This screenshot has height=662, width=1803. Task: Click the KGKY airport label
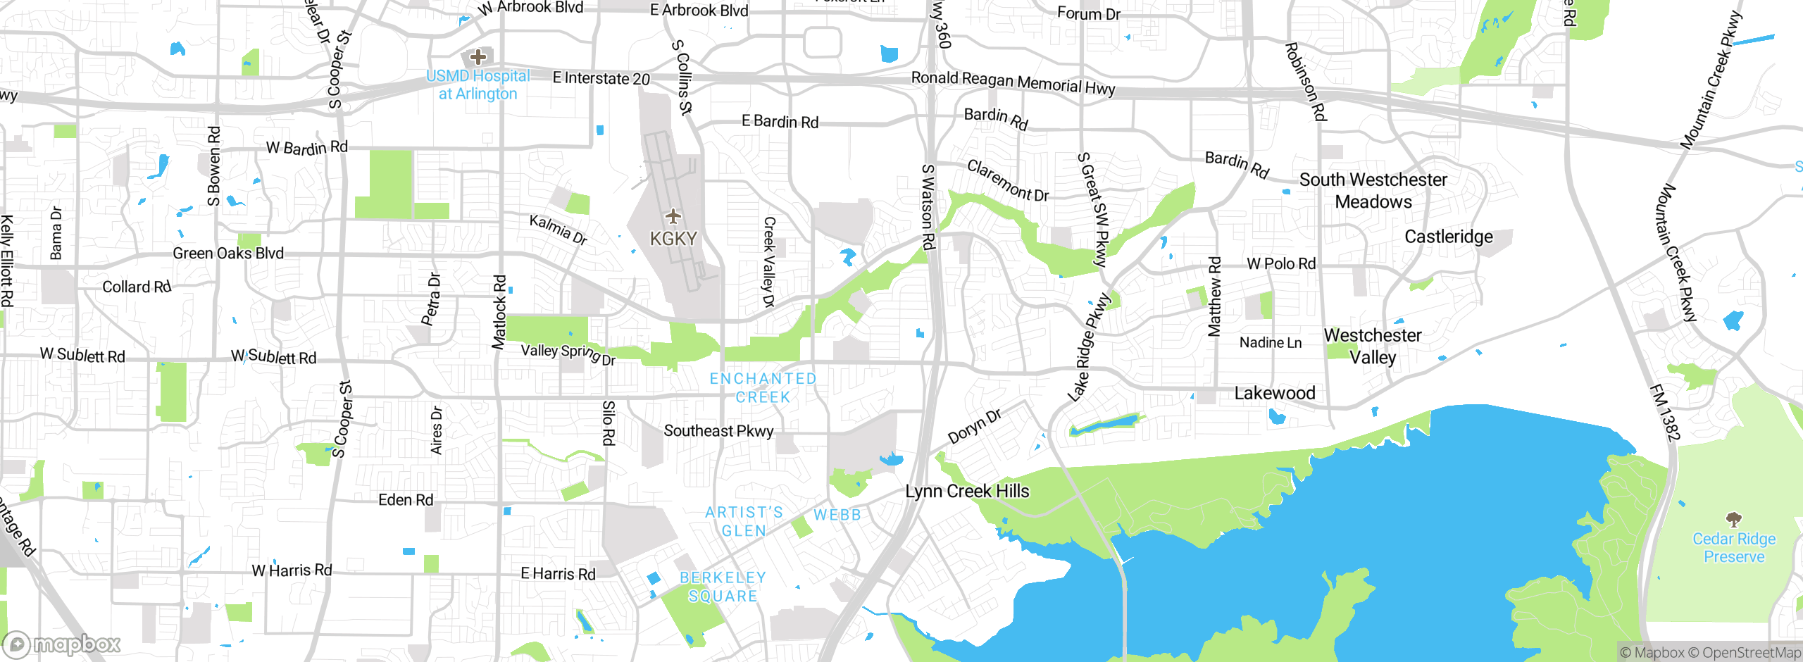[x=673, y=239]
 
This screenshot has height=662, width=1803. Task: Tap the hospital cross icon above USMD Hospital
[x=478, y=57]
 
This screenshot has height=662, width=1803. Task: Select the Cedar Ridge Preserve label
[x=1734, y=548]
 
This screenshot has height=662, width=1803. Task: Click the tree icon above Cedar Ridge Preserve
[x=1734, y=520]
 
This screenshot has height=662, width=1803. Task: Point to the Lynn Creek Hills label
[x=967, y=491]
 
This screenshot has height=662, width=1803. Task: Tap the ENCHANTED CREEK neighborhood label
[x=763, y=388]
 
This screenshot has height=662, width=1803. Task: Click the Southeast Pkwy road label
[x=718, y=431]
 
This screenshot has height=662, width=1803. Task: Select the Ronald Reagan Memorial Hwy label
[x=1013, y=82]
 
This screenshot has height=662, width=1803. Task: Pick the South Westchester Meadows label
[x=1373, y=191]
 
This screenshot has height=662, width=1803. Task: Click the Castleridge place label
[x=1449, y=237]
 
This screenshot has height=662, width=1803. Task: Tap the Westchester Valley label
[x=1373, y=346]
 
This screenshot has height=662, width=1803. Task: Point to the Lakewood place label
[x=1275, y=393]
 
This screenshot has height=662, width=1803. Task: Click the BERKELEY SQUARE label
[x=723, y=587]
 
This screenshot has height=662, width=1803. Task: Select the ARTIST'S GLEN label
[x=744, y=521]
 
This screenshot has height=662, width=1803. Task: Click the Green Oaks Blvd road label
[x=228, y=254]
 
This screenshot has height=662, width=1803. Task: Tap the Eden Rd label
[x=406, y=500]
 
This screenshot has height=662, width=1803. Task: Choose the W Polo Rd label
[x=1281, y=264]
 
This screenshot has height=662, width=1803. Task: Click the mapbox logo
[x=62, y=644]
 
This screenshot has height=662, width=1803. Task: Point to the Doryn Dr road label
[x=975, y=427]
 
